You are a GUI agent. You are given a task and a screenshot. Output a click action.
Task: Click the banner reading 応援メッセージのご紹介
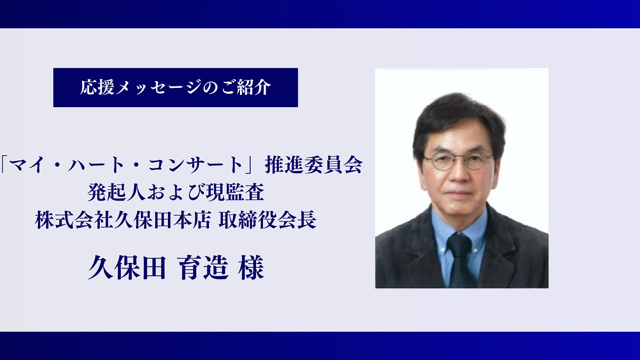click(175, 87)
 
